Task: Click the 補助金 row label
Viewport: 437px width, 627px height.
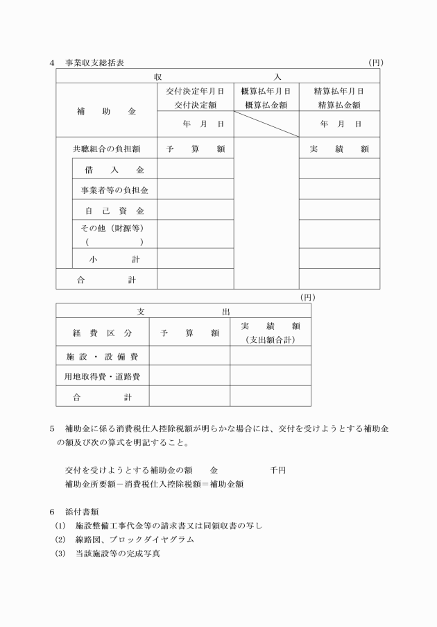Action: [106, 110]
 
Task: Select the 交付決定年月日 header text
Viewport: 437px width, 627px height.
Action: [195, 91]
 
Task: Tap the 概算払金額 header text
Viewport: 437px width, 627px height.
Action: [266, 104]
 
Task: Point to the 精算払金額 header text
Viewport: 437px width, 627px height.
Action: [339, 104]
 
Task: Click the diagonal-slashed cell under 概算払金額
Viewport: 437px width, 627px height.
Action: [266, 124]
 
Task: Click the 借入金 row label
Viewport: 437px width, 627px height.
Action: [114, 169]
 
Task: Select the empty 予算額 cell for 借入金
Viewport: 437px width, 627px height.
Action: [195, 169]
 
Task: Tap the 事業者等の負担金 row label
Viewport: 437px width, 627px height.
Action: [114, 189]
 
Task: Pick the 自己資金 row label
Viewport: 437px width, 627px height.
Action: [114, 210]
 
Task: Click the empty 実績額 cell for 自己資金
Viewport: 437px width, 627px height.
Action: [339, 210]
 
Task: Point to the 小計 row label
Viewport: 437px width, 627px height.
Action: [114, 258]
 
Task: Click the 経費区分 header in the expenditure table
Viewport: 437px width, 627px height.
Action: [102, 333]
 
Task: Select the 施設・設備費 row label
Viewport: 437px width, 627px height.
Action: [102, 356]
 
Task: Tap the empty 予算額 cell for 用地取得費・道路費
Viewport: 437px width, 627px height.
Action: [189, 376]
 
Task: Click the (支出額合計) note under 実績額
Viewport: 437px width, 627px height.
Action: [271, 340]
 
